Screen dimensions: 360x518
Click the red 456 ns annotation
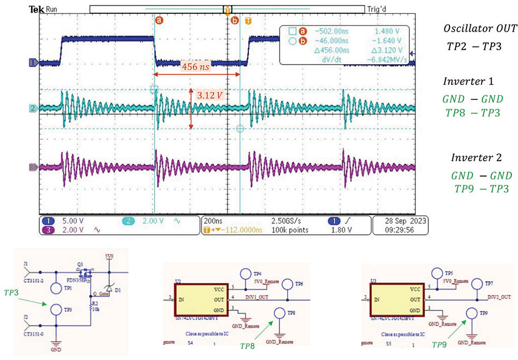[194, 67]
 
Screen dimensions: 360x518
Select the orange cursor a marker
[159, 20]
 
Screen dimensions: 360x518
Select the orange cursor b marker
[235, 20]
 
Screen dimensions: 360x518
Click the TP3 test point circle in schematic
[55, 310]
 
